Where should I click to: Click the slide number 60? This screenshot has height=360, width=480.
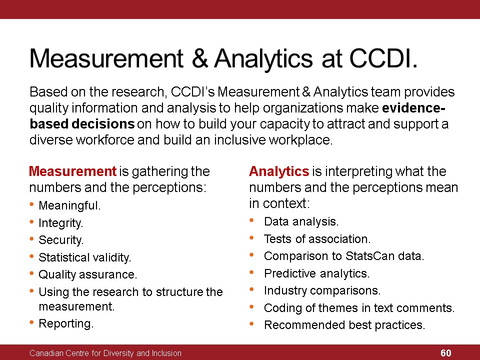pos(445,353)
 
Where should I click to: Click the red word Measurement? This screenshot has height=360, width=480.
pos(72,171)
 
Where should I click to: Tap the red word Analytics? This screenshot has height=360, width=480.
pos(279,171)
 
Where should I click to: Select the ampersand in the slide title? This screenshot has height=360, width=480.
pos(200,58)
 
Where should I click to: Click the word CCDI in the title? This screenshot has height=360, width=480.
pos(383,58)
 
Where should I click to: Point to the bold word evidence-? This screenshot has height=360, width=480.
pos(413,108)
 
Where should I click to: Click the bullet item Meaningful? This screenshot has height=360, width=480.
pos(69,205)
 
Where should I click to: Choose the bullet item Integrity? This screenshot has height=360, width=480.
pos(60,223)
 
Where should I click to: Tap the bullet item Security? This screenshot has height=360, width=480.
pos(61,240)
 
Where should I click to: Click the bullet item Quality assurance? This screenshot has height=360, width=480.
pos(87,274)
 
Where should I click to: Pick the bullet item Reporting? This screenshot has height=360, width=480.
pos(66,323)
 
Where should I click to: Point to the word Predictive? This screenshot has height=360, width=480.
pos(289,273)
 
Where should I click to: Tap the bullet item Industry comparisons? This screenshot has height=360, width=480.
pos(322,290)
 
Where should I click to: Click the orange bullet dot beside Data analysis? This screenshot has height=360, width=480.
pos(251,220)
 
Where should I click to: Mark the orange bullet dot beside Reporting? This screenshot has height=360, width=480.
pos(32,322)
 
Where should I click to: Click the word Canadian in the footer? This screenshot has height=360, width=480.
pos(47,353)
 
